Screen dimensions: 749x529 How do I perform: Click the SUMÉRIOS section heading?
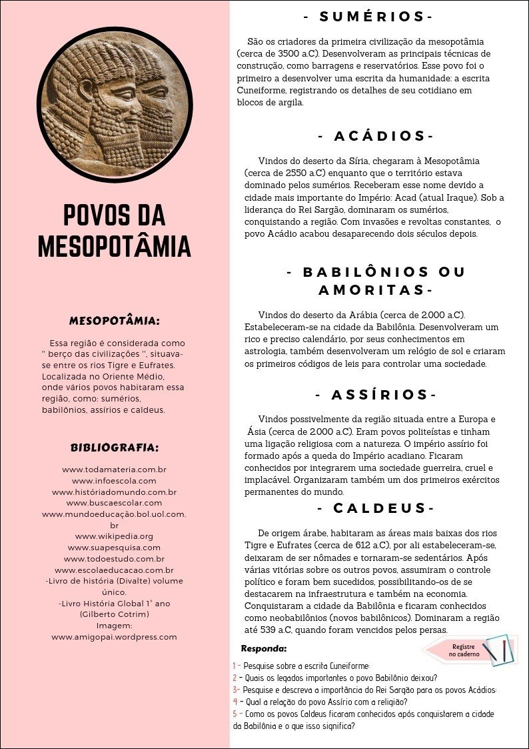point(368,17)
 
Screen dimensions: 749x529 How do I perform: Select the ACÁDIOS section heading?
point(375,136)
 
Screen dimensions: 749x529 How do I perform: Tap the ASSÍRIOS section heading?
point(375,395)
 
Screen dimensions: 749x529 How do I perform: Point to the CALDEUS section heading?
point(375,508)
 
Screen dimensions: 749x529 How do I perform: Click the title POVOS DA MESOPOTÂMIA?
point(114,231)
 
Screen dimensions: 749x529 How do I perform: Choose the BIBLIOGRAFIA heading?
point(114,447)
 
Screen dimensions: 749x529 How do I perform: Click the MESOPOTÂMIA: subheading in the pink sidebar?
point(114,321)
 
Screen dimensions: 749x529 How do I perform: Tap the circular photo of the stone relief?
point(114,97)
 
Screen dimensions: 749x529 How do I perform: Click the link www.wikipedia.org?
point(114,536)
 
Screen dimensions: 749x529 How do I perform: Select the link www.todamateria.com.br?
point(114,470)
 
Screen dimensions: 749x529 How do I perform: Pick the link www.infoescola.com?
point(114,480)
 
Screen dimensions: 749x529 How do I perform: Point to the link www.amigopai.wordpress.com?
point(114,637)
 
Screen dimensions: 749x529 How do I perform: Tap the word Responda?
point(264,648)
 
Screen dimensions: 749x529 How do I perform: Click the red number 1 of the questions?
point(235,666)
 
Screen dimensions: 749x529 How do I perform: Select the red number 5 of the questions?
point(235,714)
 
